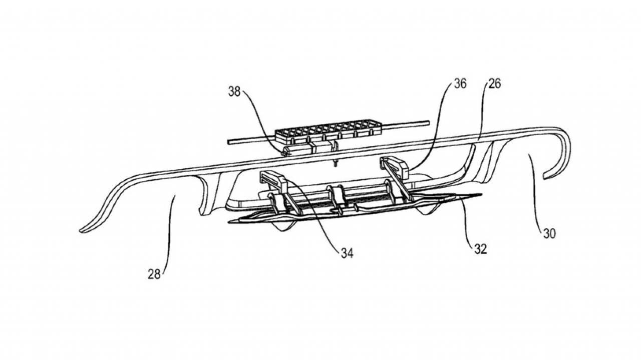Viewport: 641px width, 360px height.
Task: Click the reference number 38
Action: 234,92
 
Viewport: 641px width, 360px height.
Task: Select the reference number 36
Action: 460,84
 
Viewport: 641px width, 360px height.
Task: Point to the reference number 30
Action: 549,233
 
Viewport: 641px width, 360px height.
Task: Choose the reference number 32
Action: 480,249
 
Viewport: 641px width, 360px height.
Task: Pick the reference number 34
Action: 347,253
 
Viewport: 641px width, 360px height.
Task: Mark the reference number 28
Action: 154,274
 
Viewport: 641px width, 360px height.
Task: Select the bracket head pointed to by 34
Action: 274,182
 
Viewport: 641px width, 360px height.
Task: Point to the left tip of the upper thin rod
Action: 229,142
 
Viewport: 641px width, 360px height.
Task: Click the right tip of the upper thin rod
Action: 429,123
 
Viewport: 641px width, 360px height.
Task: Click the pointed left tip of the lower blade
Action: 229,221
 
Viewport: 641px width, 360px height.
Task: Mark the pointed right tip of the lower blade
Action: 481,195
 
